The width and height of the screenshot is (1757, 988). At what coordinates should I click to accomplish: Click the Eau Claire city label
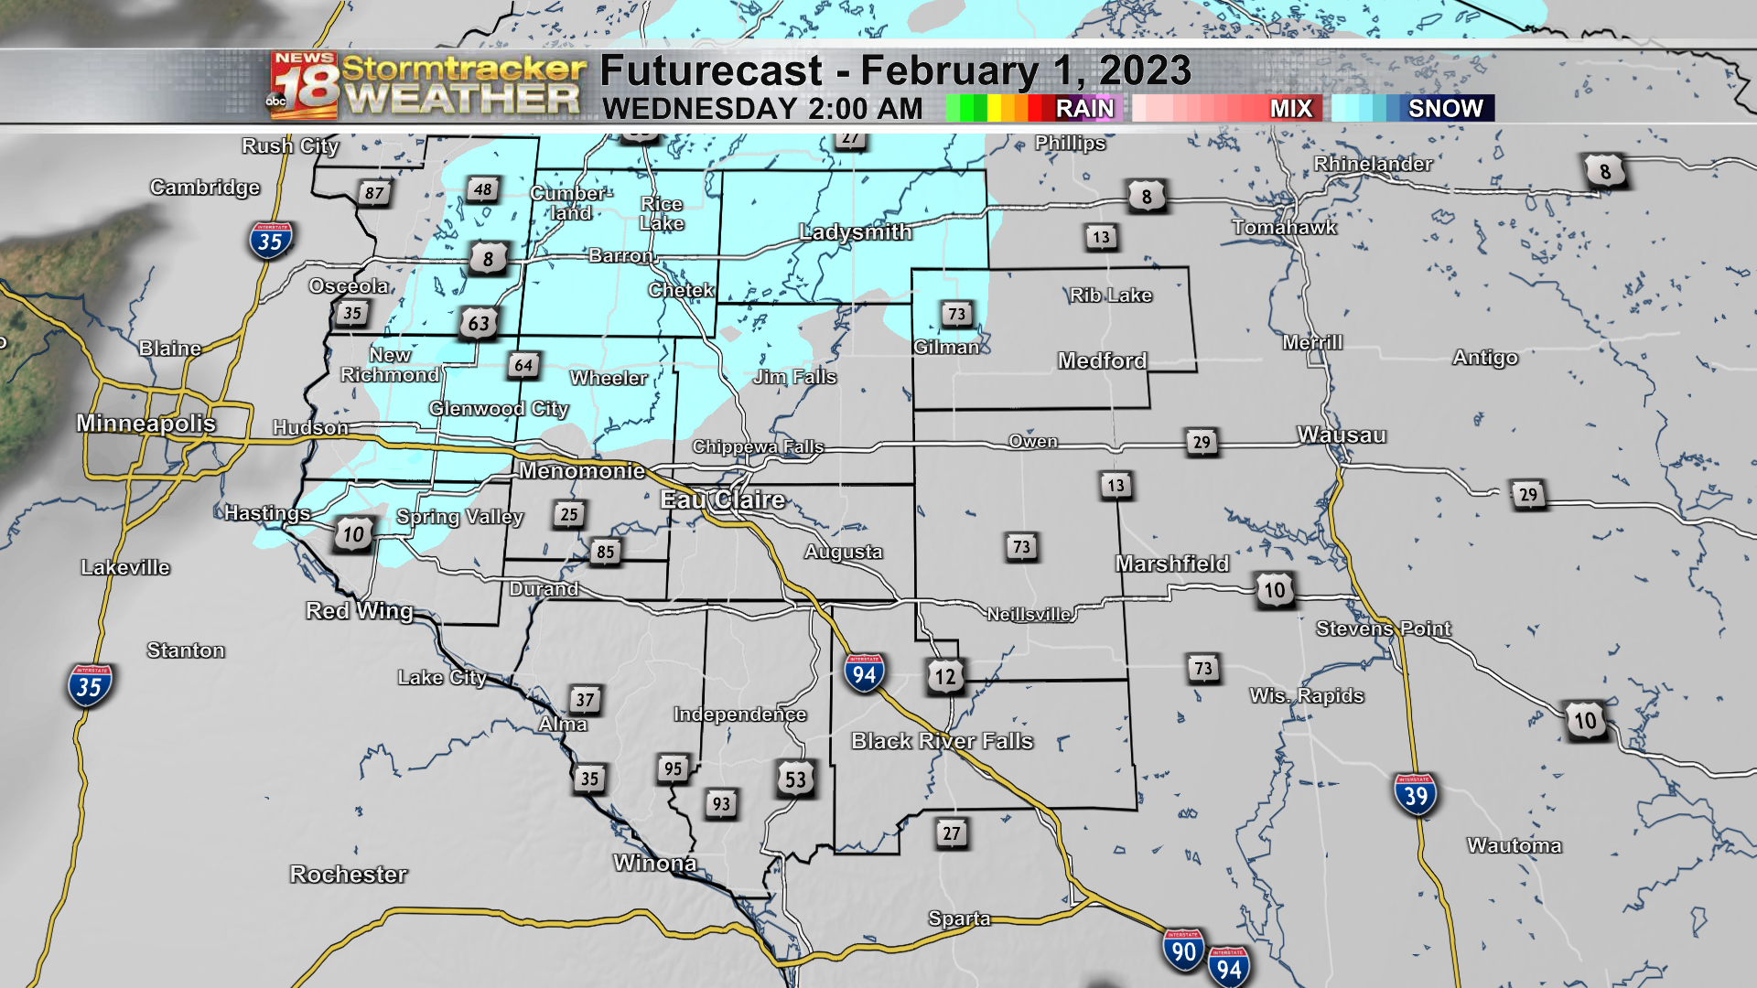723,499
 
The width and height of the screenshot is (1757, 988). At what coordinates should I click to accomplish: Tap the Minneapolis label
146,423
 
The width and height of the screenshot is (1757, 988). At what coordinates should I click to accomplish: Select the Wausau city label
1342,435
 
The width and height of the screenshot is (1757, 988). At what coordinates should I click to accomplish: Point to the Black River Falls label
942,740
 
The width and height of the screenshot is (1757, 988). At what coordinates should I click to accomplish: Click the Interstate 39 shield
1416,795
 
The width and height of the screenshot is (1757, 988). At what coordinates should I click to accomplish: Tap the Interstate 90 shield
1183,950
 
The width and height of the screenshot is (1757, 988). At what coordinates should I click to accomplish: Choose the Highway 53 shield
795,779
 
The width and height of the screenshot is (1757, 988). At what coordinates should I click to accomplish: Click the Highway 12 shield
944,677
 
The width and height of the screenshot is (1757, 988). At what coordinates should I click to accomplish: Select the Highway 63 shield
479,323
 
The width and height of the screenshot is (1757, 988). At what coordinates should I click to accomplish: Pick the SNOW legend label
1445,108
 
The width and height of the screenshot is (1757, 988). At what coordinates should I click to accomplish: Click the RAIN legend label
1084,108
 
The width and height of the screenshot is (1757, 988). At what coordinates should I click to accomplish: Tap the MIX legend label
1290,108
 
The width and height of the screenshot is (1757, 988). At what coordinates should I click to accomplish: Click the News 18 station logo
304,86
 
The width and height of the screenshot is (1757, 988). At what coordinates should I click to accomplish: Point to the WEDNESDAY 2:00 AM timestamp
762,109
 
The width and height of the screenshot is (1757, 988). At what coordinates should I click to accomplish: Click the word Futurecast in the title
711,70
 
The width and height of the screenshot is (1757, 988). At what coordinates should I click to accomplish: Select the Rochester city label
349,874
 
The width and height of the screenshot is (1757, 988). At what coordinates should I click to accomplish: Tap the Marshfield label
1172,564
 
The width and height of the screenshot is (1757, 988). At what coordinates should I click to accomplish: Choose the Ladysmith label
856,231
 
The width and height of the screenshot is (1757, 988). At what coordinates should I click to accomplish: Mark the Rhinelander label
1373,164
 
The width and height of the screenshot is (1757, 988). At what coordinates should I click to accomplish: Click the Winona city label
655,863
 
